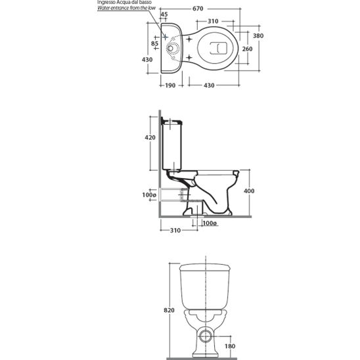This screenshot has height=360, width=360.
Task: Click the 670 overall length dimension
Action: (198, 9)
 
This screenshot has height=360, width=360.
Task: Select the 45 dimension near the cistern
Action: (164, 14)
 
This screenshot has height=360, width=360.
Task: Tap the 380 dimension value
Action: (258, 36)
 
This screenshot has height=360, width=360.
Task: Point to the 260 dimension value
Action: (247, 49)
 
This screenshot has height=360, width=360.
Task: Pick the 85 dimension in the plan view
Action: (155, 43)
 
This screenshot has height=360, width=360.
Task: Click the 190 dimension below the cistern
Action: (170, 85)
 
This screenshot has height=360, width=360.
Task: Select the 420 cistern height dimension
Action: (150, 137)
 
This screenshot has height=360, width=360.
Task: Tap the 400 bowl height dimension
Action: (249, 191)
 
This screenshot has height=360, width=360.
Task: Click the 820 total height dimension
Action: (169, 310)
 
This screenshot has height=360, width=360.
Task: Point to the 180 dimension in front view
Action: (230, 346)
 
